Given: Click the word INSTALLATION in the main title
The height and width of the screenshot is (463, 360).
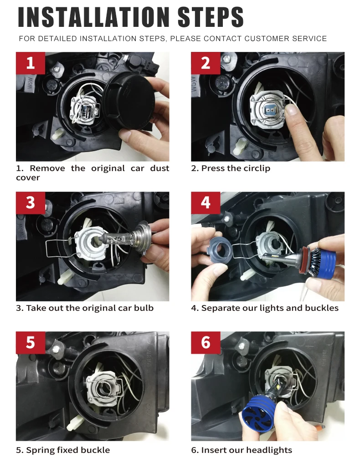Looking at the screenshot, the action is click(x=93, y=17).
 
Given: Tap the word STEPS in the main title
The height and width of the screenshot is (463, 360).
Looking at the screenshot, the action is click(x=211, y=17).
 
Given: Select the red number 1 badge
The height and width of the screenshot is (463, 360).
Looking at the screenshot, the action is click(x=31, y=63).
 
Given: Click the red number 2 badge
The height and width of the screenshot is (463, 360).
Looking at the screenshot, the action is click(x=206, y=63).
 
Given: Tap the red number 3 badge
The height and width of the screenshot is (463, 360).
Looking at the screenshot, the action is click(x=31, y=203).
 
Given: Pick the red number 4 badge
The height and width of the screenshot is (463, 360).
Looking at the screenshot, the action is click(x=206, y=203).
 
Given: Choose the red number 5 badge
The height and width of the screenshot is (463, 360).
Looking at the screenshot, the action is click(x=31, y=342).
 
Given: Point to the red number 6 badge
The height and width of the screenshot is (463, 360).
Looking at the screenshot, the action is click(x=206, y=342).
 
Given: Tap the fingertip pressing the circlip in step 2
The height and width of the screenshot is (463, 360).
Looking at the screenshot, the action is click(x=292, y=110).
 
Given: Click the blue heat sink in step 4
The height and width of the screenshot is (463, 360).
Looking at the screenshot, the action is click(x=325, y=258).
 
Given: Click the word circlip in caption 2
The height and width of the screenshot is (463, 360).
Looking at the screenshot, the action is click(x=255, y=168).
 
